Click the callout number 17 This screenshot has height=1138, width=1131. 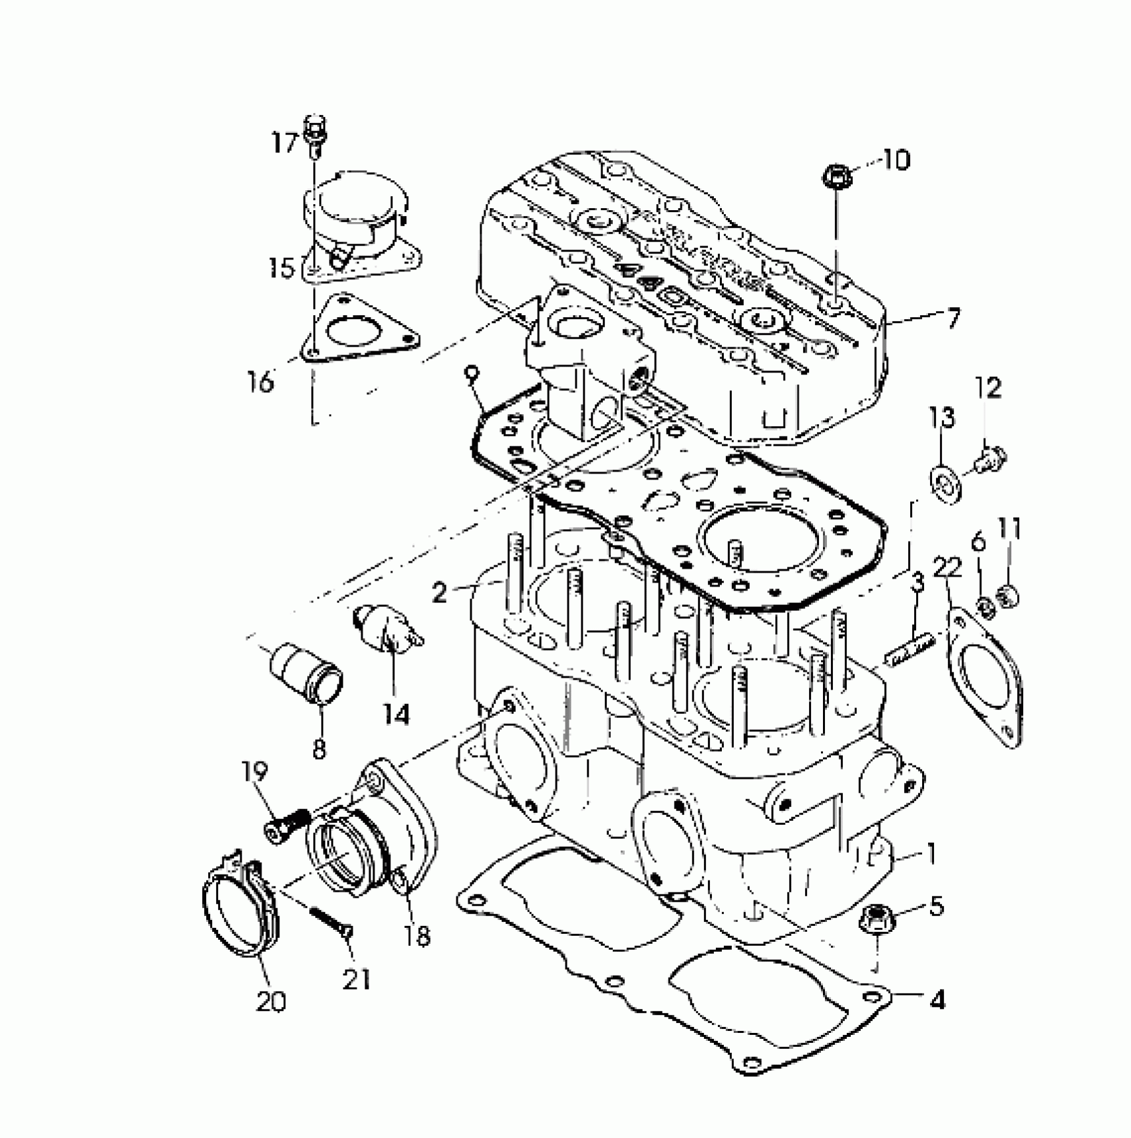coord(285,142)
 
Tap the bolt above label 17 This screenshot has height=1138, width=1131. coord(315,134)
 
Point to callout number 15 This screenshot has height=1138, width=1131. coord(281,269)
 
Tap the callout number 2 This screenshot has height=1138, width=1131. coord(439,592)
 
